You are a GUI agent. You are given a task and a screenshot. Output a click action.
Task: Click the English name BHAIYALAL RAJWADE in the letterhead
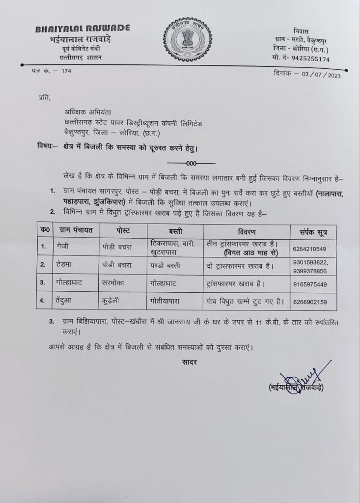(x=73, y=29)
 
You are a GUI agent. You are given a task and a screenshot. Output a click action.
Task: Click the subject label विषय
(x=46, y=146)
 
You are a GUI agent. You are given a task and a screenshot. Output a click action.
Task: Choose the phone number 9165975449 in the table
(x=310, y=284)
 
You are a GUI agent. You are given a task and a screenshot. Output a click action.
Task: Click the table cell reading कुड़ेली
(x=114, y=301)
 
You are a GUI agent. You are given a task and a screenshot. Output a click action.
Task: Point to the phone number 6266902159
(x=310, y=302)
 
